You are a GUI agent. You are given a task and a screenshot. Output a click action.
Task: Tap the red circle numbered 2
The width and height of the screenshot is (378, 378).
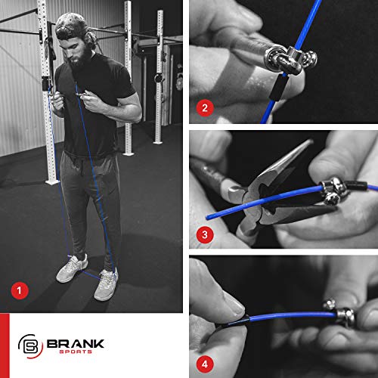coord(204,107)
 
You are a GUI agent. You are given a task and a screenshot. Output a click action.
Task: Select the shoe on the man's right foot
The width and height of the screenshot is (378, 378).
coord(71,267)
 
